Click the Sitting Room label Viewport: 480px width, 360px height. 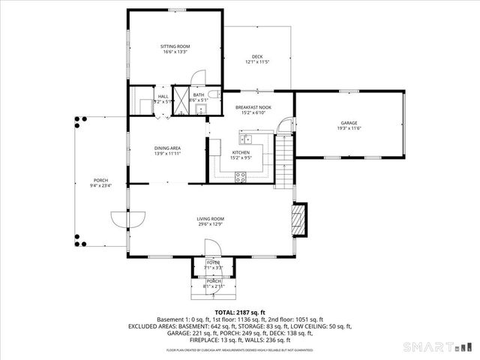coord(175,46)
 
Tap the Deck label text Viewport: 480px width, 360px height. coord(257,57)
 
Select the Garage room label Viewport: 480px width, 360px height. coord(349,123)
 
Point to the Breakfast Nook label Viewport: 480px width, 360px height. coord(253,107)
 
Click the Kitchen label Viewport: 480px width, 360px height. coord(241,153)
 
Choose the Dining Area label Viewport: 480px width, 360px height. coord(168,148)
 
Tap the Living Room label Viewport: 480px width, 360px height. coord(211,219)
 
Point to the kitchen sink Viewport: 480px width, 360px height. coord(247,139)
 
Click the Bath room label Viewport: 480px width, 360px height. coord(198,95)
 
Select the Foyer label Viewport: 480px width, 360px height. coord(214,262)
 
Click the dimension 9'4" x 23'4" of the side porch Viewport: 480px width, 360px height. coord(101,185)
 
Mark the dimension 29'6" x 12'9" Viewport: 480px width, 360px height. coord(211,223)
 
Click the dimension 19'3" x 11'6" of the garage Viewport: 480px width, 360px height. coord(349,128)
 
